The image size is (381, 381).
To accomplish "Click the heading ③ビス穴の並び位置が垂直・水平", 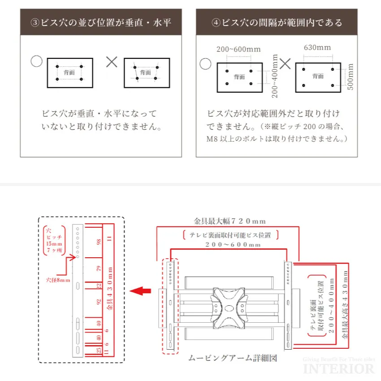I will [101, 22].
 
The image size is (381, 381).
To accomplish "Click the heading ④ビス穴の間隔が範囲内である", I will [277, 22].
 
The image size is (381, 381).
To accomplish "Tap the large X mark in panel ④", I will [285, 63].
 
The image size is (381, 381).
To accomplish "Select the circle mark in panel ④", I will [205, 64].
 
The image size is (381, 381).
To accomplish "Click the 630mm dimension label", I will [317, 48].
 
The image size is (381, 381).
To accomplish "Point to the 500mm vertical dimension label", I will [351, 77].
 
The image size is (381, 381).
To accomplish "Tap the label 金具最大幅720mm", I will [229, 221].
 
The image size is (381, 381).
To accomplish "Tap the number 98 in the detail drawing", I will [99, 242].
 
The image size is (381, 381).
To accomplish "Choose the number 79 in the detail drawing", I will [99, 269].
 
